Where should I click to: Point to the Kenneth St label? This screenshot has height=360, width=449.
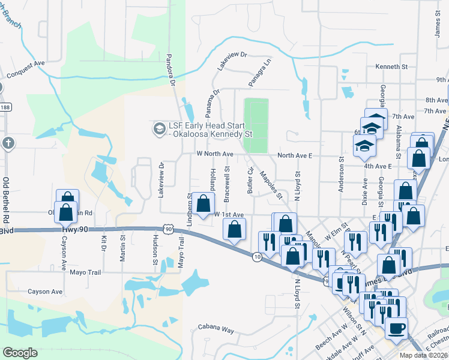coord(391,66)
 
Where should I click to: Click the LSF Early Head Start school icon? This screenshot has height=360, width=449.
coord(159,128)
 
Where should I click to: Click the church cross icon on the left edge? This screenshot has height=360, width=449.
coord(7,143)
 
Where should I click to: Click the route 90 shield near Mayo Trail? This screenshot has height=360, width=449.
coord(169,229)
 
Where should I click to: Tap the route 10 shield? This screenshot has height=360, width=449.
coord(256,257)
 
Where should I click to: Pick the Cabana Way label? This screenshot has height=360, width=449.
coord(216,329)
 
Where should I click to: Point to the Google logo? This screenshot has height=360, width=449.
coord(20,352)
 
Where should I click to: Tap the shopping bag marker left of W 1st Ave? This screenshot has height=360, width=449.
coord(204,202)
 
